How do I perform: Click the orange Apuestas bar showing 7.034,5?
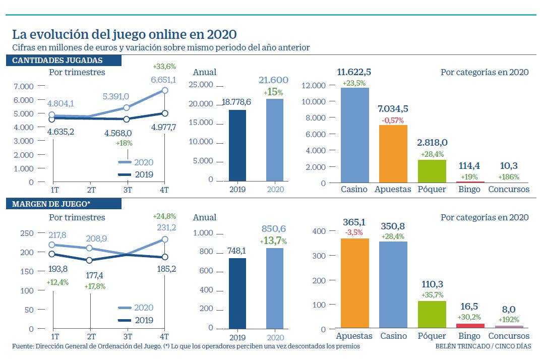[x=393, y=153]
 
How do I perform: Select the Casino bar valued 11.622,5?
[x=355, y=135]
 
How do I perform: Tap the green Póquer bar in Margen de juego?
[x=432, y=315]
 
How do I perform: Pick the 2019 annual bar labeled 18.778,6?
[x=237, y=145]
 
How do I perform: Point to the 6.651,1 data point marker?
[x=164, y=90]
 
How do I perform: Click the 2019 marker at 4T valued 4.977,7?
[x=164, y=113]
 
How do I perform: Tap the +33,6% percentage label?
[x=164, y=66]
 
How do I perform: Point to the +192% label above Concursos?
[x=508, y=320]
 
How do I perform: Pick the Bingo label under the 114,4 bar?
[x=469, y=189]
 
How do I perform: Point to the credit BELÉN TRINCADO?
[x=460, y=347]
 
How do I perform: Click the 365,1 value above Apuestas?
[x=354, y=222]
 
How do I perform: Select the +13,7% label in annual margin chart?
[x=274, y=242]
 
